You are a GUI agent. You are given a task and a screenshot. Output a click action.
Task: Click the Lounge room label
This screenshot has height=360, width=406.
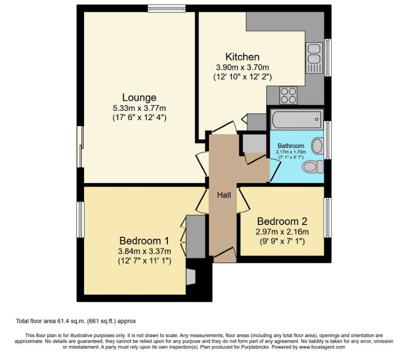(x=139, y=97)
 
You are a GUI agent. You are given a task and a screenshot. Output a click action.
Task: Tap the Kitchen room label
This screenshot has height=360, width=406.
(x=242, y=57)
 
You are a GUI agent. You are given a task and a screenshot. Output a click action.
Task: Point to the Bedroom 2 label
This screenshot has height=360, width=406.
(x=282, y=221)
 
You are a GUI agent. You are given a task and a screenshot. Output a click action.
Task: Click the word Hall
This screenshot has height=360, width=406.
(x=224, y=195)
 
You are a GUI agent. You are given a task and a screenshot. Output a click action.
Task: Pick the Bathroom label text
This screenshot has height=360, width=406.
(x=290, y=146)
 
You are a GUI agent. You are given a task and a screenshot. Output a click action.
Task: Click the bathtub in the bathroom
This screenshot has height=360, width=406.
(x=296, y=119)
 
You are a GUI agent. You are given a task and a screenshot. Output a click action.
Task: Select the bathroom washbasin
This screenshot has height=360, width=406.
(x=317, y=145)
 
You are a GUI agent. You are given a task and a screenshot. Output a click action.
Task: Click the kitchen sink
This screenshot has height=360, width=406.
(x=313, y=58)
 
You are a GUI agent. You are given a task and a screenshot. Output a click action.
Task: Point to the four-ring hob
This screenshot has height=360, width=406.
(x=288, y=94)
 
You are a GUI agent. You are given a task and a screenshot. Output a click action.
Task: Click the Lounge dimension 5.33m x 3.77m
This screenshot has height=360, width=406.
(x=139, y=108)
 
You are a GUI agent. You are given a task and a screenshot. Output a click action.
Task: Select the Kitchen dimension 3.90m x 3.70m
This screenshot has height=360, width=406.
(x=242, y=67)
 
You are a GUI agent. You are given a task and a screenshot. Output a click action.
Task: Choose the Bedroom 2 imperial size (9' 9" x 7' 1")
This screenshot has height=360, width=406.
(x=282, y=242)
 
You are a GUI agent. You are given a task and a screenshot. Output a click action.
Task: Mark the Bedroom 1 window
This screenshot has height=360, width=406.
(x=80, y=219)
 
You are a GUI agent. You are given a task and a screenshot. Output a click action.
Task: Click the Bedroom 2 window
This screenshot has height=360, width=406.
(x=328, y=217)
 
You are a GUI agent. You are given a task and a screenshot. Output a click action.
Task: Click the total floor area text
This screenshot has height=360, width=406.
(x=76, y=321)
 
